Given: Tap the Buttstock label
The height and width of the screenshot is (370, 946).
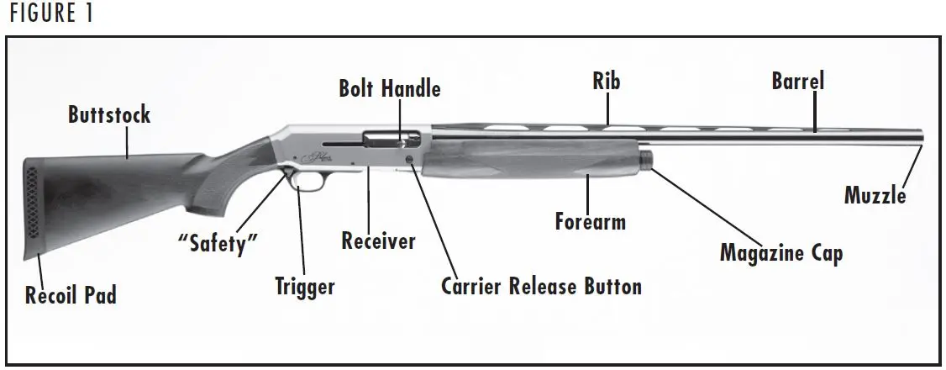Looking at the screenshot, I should [109, 115].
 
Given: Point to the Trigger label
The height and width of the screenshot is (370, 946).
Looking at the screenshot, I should [304, 286].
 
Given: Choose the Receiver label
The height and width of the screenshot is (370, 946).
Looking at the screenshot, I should [378, 242].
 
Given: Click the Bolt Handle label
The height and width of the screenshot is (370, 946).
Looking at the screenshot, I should [389, 88].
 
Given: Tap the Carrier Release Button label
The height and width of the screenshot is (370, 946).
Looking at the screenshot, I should [541, 286].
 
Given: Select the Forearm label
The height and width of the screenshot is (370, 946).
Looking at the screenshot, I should [590, 222].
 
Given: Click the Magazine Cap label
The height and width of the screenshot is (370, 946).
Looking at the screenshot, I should [780, 252].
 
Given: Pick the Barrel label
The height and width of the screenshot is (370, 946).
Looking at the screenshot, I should [798, 82].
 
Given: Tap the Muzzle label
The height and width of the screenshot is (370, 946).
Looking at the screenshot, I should [875, 196].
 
